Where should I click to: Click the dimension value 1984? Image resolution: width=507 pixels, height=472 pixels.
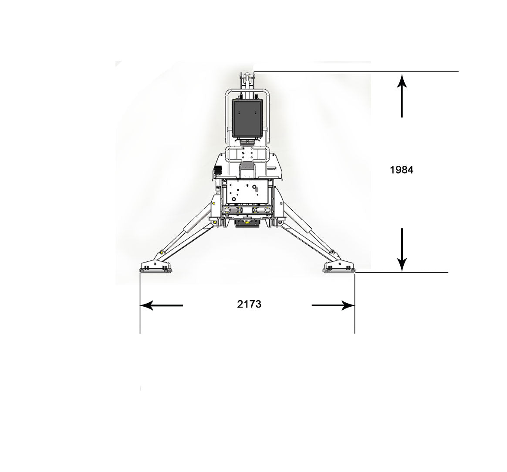(x=402, y=170)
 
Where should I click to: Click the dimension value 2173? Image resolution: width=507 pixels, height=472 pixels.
(x=249, y=304)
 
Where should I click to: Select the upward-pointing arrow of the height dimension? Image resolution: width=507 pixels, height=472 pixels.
(x=402, y=96)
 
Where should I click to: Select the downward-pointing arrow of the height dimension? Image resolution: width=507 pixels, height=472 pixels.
(x=402, y=250)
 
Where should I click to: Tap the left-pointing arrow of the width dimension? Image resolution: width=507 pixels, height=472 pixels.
(x=161, y=305)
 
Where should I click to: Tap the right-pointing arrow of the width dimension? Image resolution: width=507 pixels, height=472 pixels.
(x=333, y=305)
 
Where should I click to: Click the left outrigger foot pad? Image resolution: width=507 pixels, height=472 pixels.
(x=155, y=267)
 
